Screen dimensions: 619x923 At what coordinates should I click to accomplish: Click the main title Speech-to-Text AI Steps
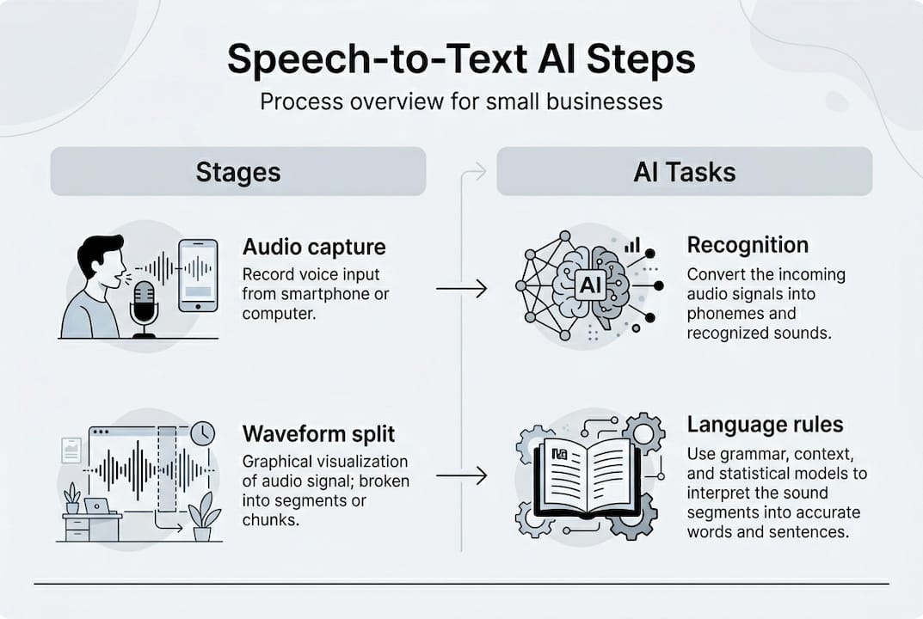(461, 61)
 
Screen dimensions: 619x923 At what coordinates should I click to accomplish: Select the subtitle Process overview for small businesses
(461, 101)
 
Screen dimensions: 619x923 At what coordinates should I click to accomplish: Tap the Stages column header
(237, 171)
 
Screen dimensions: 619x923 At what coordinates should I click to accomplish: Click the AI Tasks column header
(684, 171)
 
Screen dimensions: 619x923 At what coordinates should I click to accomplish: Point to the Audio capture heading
(314, 248)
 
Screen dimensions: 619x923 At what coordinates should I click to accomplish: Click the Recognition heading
(747, 245)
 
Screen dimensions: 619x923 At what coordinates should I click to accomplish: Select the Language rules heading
(765, 424)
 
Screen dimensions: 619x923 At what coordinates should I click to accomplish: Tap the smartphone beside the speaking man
(198, 274)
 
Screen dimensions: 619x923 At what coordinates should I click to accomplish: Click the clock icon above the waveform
(202, 433)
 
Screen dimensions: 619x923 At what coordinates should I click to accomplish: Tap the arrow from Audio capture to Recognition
(461, 289)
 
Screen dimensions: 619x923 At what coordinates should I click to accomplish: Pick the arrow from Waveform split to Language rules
(461, 475)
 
